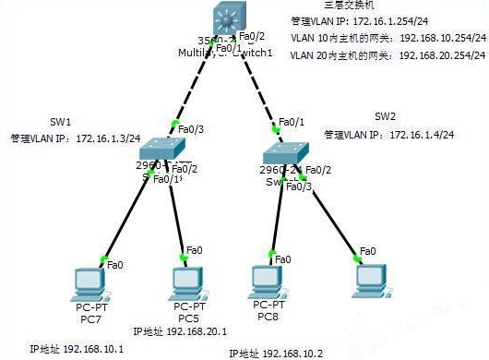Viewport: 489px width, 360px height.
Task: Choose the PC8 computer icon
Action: coord(268,280)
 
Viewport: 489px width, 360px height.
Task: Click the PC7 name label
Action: coord(89,319)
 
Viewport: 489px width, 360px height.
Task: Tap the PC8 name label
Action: coord(268,318)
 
